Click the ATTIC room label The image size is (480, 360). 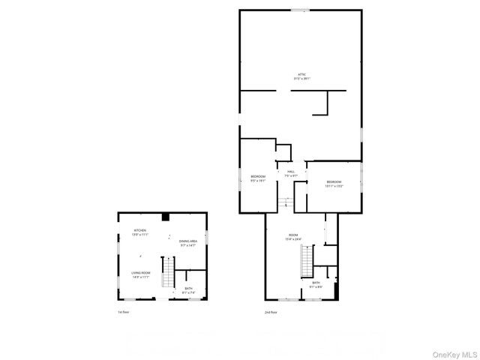[x=301, y=76]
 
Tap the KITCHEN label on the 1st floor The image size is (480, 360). [x=140, y=232]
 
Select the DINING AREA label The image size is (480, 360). [x=188, y=242]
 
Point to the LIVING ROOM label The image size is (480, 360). [x=141, y=274]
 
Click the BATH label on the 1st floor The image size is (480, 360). [x=189, y=289]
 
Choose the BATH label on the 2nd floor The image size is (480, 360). [x=316, y=284]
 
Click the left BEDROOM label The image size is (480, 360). [x=258, y=178]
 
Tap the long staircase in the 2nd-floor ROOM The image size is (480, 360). [x=305, y=262]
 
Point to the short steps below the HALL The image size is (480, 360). [x=285, y=200]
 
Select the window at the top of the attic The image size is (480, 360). [x=300, y=10]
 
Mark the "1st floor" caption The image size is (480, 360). [x=123, y=312]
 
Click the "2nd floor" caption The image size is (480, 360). [x=271, y=312]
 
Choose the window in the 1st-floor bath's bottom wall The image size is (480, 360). [x=193, y=298]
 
